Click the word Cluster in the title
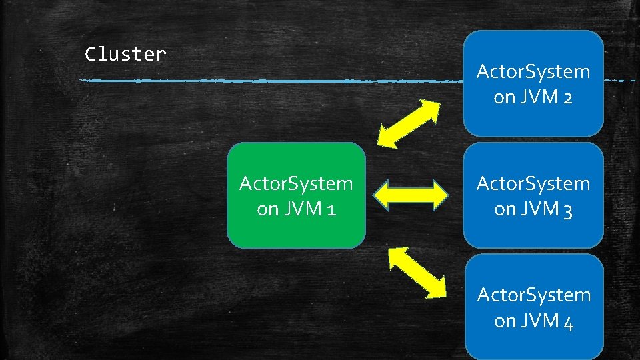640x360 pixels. (125, 54)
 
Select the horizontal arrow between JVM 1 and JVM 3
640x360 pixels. (410, 195)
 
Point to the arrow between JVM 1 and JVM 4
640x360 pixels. (417, 271)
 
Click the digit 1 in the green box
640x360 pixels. (331, 209)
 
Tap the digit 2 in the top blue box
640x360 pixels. (567, 97)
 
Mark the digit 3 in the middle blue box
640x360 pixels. (567, 210)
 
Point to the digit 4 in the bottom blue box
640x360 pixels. (568, 322)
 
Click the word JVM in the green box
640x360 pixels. (301, 209)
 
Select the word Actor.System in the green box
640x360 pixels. (296, 183)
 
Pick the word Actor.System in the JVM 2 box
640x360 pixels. (533, 71)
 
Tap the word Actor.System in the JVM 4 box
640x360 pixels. (533, 295)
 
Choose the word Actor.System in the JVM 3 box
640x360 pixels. (533, 183)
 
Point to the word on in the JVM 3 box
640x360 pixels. (505, 210)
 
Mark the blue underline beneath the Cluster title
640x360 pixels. (267, 81)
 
